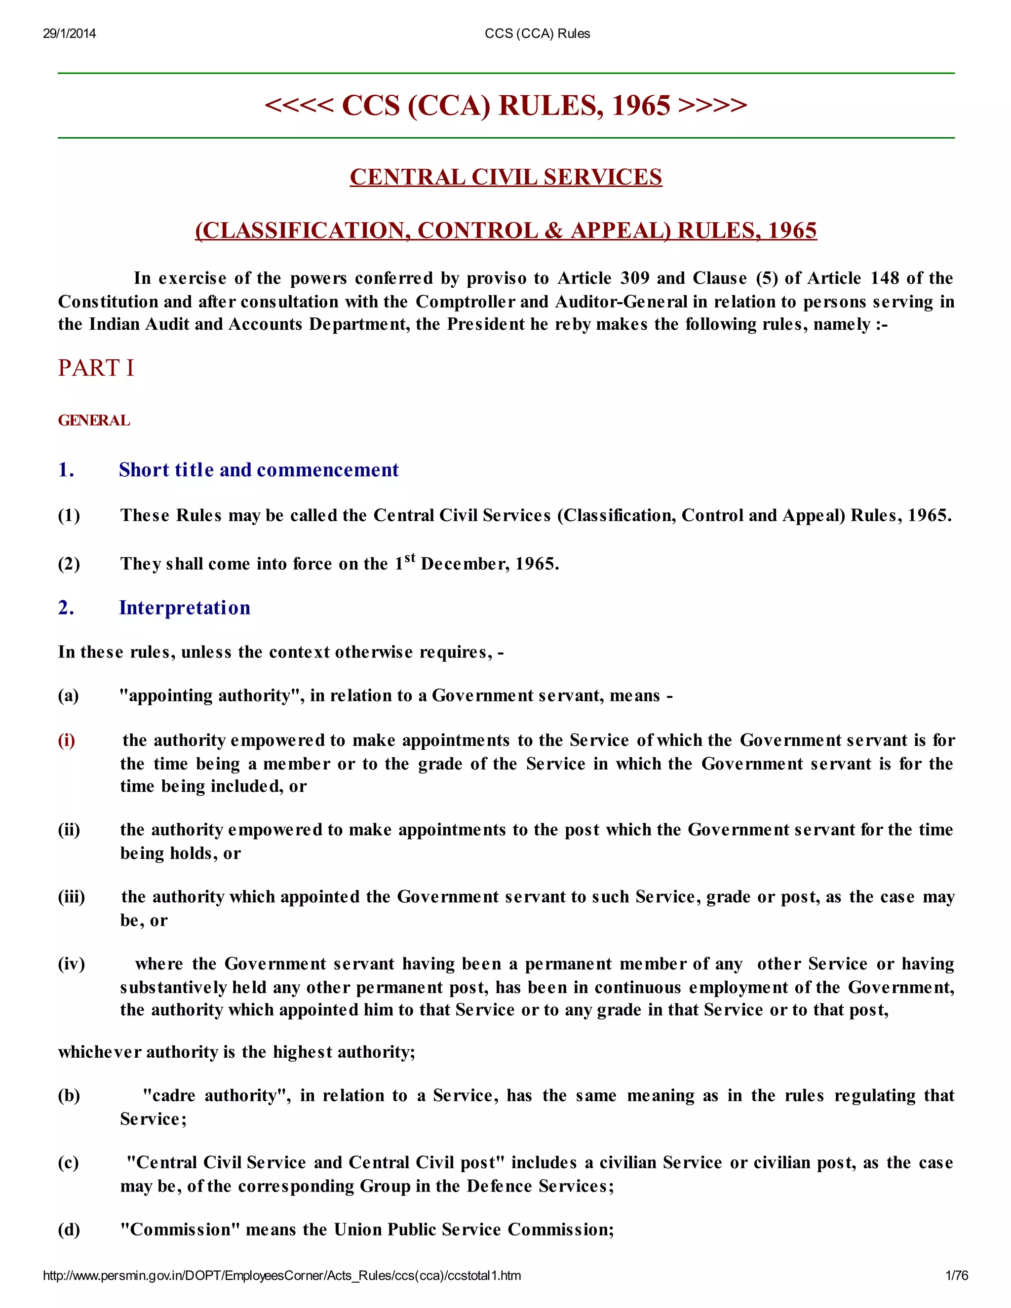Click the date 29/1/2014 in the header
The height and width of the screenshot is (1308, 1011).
(70, 34)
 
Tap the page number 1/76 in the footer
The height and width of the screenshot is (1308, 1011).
(957, 1275)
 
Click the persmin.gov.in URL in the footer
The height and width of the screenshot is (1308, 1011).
(281, 1275)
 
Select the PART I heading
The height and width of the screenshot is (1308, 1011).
(96, 368)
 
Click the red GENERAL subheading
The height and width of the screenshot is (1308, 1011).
(94, 420)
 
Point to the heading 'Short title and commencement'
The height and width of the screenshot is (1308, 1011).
(259, 469)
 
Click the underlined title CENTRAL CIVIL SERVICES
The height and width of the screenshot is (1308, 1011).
(506, 177)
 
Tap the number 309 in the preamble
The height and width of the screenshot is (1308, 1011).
(635, 278)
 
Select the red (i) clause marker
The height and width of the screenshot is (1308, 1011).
(67, 740)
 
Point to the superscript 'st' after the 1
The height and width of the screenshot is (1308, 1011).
(410, 558)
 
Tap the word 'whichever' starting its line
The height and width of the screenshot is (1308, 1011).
(99, 1052)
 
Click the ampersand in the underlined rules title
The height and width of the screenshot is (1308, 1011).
(554, 231)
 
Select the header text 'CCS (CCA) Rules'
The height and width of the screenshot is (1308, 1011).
(537, 34)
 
